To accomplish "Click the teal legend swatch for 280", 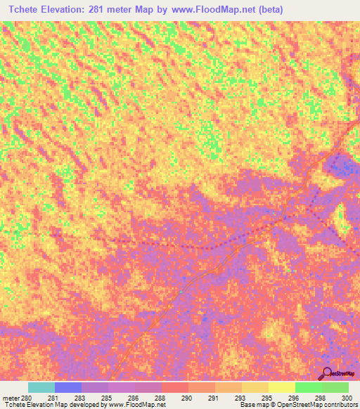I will pos(41,387).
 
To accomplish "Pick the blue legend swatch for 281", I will pos(68,387).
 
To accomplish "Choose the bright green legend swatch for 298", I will pos(309,387).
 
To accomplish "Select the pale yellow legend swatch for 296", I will pos(282,387).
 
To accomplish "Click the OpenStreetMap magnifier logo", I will pos(328,372).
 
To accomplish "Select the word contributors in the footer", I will pos(340,405).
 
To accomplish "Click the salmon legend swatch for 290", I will pos(175,387).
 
